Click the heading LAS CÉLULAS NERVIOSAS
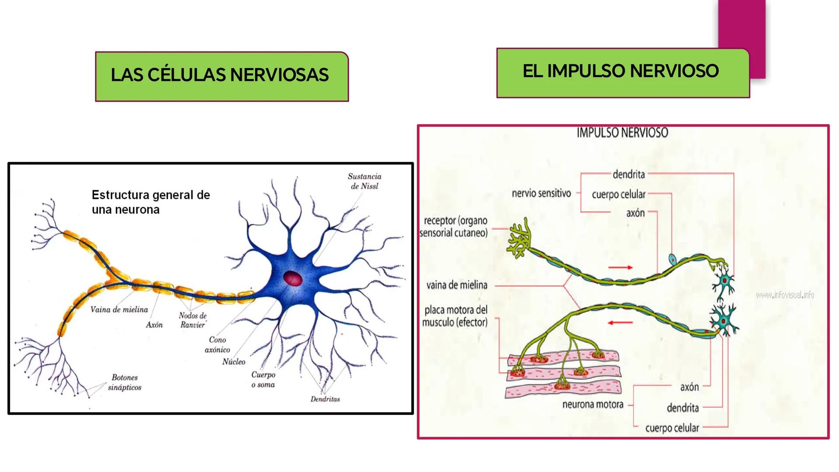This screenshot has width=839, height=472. (x=220, y=75)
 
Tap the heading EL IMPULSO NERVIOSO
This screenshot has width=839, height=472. (x=621, y=71)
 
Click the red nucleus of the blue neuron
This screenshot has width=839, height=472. (x=292, y=278)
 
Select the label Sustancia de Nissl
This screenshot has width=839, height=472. (x=364, y=181)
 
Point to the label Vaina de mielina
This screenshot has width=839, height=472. (x=119, y=309)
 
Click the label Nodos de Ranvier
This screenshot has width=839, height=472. (x=193, y=320)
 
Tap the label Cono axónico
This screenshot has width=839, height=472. (x=217, y=344)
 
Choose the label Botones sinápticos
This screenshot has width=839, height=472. (x=125, y=382)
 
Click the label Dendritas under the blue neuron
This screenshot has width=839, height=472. (x=325, y=399)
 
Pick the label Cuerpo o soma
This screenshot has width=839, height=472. (x=263, y=379)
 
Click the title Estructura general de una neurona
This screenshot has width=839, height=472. (x=151, y=202)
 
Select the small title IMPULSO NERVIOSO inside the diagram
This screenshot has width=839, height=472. (x=622, y=133)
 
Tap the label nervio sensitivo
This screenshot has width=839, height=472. (x=541, y=193)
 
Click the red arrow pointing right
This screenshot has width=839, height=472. (x=621, y=267)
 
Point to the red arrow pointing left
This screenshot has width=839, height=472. (x=620, y=323)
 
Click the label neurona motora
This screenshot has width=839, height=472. (x=593, y=404)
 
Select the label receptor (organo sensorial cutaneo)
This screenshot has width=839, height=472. (x=454, y=226)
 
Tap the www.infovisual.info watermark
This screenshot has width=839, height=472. (x=785, y=295)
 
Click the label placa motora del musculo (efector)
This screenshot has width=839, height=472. (x=455, y=316)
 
